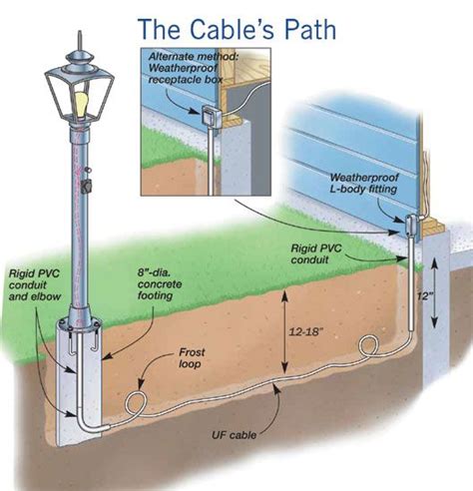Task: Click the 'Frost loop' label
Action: pyautogui.click(x=192, y=357)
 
